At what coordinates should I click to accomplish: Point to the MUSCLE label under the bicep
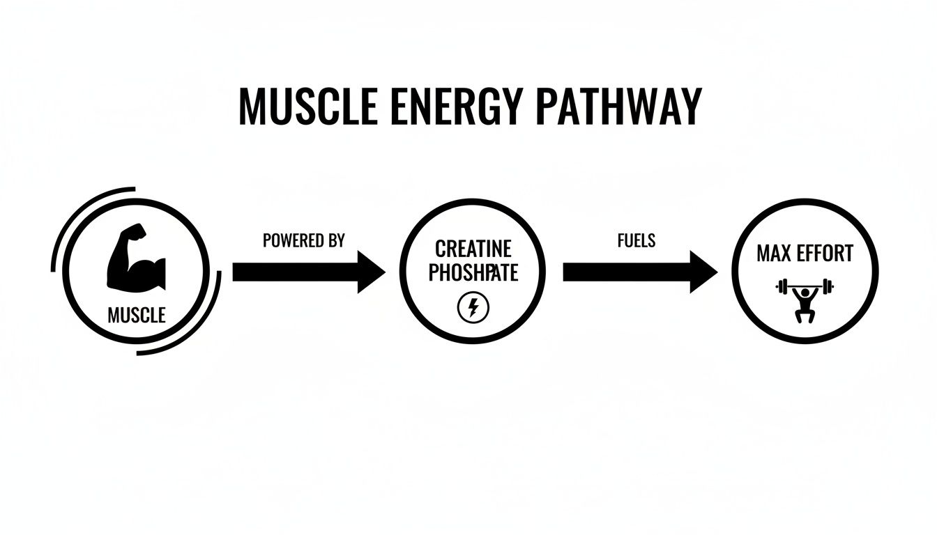[x=137, y=316]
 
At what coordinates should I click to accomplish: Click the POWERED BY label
[x=303, y=241]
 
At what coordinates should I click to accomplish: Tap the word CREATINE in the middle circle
[x=473, y=249]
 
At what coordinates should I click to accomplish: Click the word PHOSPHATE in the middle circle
[x=473, y=272]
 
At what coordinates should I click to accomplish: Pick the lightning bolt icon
[x=473, y=307]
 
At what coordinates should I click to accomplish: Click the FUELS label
[x=636, y=241]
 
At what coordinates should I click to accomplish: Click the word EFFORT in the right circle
[x=825, y=253]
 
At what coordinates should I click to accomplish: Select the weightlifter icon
[x=805, y=300]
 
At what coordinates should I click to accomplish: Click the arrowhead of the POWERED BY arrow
[x=370, y=272]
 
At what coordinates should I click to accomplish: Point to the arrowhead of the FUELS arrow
[x=703, y=272]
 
